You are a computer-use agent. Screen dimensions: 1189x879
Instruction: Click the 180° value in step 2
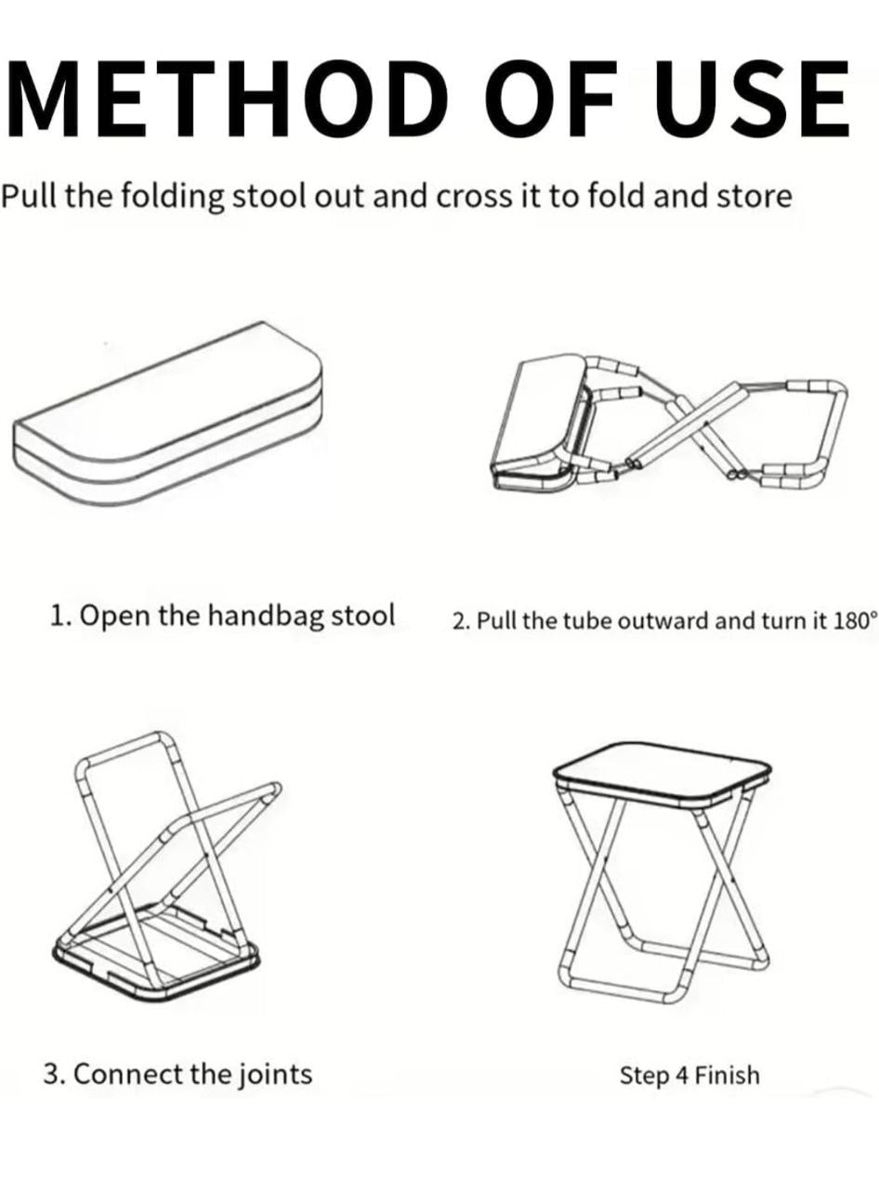(854, 621)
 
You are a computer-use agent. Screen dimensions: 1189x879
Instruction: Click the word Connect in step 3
(128, 1075)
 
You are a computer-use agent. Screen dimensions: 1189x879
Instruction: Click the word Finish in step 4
(728, 1076)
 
